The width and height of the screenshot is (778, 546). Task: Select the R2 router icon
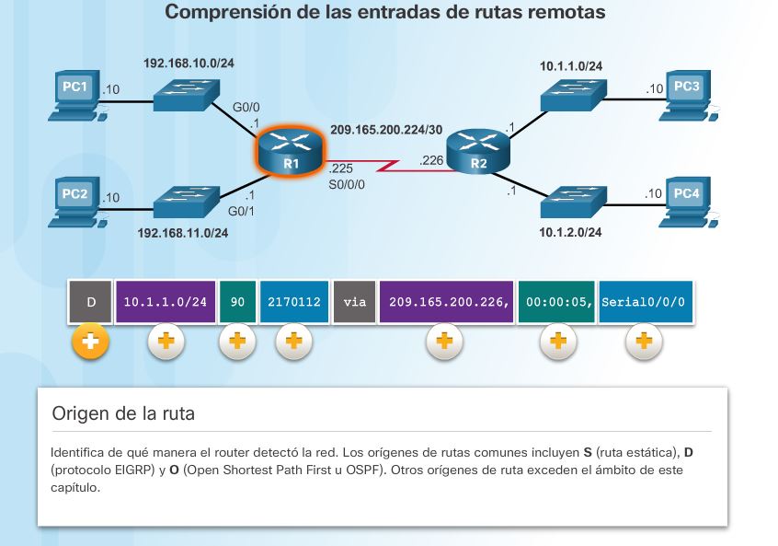478,153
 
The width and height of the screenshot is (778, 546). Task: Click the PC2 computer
75,202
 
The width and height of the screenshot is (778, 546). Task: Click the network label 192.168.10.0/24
189,64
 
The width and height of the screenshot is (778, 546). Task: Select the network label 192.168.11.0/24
182,233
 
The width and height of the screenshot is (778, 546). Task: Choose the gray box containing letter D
90,302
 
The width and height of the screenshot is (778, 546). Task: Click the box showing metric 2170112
293,302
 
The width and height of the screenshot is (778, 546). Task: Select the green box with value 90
236,302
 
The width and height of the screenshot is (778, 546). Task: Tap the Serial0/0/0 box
644,302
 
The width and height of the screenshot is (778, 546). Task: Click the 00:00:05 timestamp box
556,302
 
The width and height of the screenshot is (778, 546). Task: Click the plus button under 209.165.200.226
444,342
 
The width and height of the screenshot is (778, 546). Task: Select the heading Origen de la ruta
123,413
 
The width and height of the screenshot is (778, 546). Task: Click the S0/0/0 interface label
347,184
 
